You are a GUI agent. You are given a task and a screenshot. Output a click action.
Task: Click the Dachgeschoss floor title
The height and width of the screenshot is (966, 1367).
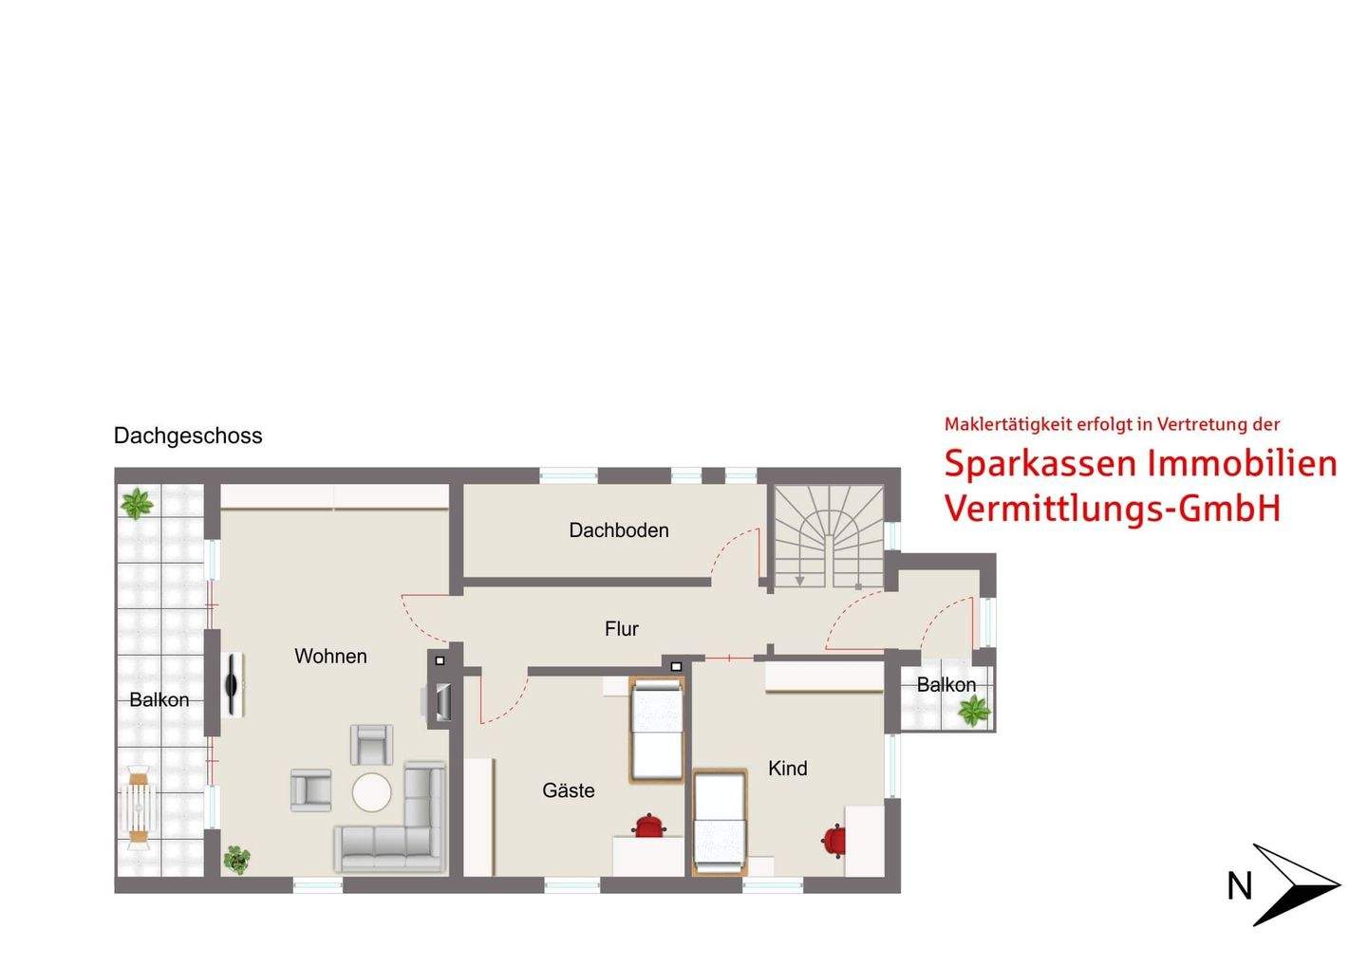pyautogui.click(x=188, y=436)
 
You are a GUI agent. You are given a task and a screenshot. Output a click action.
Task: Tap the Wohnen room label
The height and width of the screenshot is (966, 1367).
pyautogui.click(x=330, y=656)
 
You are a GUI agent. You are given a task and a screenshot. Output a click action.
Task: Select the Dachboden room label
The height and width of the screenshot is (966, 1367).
pyautogui.click(x=619, y=530)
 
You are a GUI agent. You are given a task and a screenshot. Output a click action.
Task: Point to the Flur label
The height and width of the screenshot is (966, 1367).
pyautogui.click(x=622, y=628)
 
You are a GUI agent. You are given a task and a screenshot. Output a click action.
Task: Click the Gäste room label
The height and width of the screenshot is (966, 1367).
pyautogui.click(x=569, y=790)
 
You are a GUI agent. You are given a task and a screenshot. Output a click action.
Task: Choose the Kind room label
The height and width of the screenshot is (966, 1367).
pyautogui.click(x=788, y=769)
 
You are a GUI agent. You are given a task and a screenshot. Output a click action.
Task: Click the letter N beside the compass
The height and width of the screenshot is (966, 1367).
pyautogui.click(x=1240, y=886)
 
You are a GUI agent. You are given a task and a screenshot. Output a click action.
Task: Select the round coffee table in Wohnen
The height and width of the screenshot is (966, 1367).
pyautogui.click(x=371, y=792)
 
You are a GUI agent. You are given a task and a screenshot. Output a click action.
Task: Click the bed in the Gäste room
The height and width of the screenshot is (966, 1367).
pyautogui.click(x=657, y=729)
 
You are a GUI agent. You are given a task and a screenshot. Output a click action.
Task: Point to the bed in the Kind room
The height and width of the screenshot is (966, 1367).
pyautogui.click(x=721, y=822)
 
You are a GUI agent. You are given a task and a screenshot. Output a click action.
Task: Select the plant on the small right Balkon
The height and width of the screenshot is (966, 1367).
pyautogui.click(x=973, y=710)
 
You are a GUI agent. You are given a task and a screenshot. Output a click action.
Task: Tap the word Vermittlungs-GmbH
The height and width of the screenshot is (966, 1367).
pyautogui.click(x=1113, y=508)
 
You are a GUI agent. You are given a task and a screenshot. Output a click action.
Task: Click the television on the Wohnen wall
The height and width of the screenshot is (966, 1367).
pyautogui.click(x=233, y=685)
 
